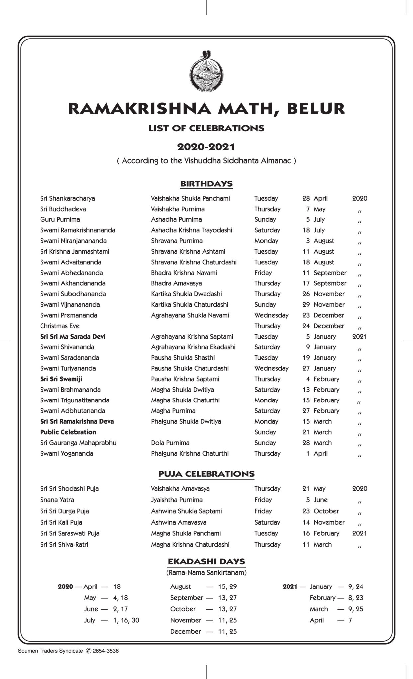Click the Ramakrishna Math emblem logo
(x=206, y=71)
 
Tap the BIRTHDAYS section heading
(x=206, y=184)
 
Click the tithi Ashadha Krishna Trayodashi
(x=192, y=230)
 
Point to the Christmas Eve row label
(x=60, y=326)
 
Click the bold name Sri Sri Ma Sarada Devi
(x=73, y=336)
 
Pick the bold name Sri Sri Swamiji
(x=61, y=379)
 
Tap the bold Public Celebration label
(x=68, y=432)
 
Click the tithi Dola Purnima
(x=170, y=443)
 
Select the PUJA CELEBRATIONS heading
(x=206, y=474)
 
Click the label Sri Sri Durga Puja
(x=64, y=511)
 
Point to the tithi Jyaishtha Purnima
(x=177, y=500)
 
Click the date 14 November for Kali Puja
(x=323, y=522)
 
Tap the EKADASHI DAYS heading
(x=206, y=562)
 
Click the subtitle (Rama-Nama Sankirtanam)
(x=206, y=573)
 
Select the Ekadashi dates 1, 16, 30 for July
(x=126, y=620)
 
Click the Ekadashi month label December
(x=185, y=631)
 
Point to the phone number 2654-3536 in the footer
(x=105, y=651)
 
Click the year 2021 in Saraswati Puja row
(x=359, y=533)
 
